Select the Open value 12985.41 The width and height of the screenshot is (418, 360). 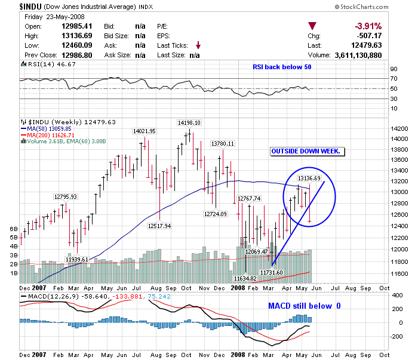[x=78, y=27]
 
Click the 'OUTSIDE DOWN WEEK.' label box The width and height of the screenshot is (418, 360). [x=306, y=151]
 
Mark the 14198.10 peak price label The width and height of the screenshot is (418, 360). [x=189, y=122]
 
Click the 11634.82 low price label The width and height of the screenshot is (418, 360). [x=245, y=278]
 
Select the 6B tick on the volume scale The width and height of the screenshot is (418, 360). [x=12, y=228]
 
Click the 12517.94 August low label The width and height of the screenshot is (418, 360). [x=159, y=226]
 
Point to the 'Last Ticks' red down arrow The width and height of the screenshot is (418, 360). [x=198, y=45]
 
